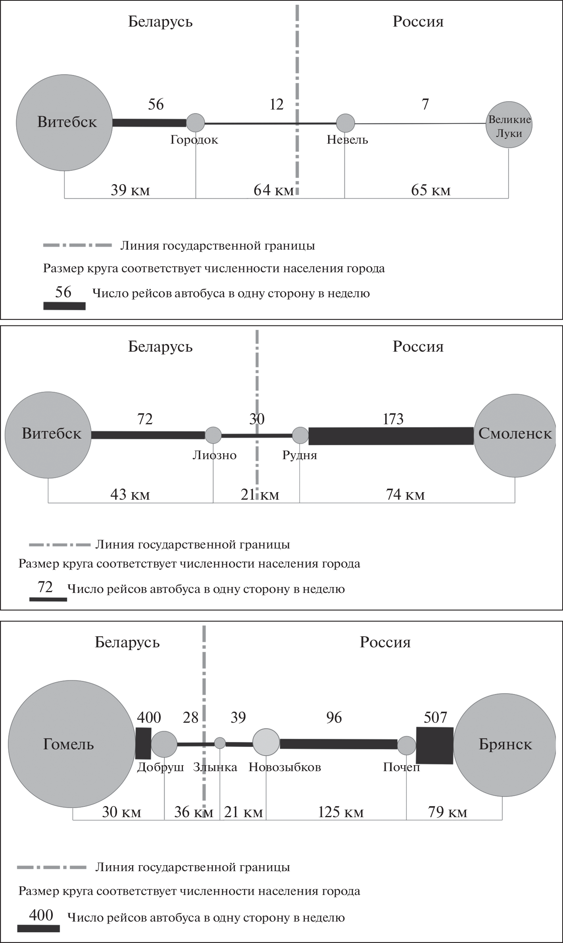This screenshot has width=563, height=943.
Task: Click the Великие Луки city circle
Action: tap(509, 125)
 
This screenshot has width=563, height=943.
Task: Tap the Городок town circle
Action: tap(196, 123)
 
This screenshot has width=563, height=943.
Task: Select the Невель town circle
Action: tap(345, 123)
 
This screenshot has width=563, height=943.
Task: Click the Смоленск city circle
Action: tap(515, 435)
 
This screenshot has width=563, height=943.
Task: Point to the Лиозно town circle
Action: tap(213, 435)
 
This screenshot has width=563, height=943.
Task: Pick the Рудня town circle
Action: tap(300, 435)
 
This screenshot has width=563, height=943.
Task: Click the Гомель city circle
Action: tap(71, 744)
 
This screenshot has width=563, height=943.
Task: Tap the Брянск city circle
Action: tap(505, 745)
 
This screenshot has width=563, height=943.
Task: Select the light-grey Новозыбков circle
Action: tap(266, 742)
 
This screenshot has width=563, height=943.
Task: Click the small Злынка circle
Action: tap(220, 743)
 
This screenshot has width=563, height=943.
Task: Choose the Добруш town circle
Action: tap(164, 744)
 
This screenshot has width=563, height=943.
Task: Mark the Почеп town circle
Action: tap(407, 745)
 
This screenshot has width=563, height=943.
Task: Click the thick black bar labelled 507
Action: tap(434, 745)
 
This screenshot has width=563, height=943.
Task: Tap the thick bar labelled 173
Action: tap(391, 436)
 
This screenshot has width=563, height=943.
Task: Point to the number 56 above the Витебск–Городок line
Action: tap(156, 104)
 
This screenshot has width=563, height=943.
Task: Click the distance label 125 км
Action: tap(341, 812)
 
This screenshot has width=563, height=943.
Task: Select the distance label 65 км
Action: tap(431, 190)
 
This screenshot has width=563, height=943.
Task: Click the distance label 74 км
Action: tap(405, 495)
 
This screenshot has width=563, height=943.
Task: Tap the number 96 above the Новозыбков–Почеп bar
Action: tap(334, 718)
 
